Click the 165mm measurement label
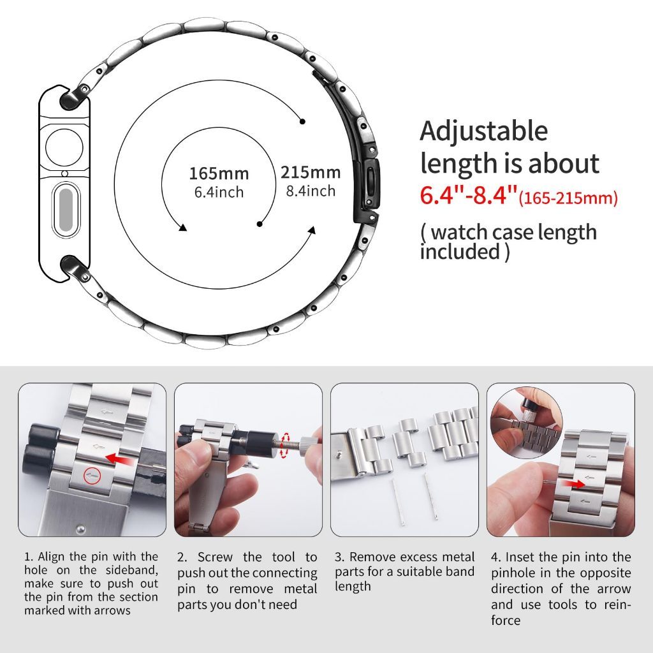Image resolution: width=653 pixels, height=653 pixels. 219,173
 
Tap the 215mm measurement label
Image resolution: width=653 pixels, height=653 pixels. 311,172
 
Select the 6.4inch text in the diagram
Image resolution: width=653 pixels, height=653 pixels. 219,192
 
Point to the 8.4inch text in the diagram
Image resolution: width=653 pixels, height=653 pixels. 311,191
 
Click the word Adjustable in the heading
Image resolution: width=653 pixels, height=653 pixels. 483,132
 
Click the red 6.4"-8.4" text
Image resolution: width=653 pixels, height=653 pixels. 469,195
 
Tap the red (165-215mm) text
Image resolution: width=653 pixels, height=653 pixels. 568,198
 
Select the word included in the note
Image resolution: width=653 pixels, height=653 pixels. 460,251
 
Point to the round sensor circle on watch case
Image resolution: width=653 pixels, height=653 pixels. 64,147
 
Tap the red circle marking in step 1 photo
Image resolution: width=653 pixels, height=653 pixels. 93,475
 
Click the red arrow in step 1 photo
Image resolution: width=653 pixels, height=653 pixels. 120,459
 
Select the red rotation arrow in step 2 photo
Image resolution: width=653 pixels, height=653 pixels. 285,445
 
